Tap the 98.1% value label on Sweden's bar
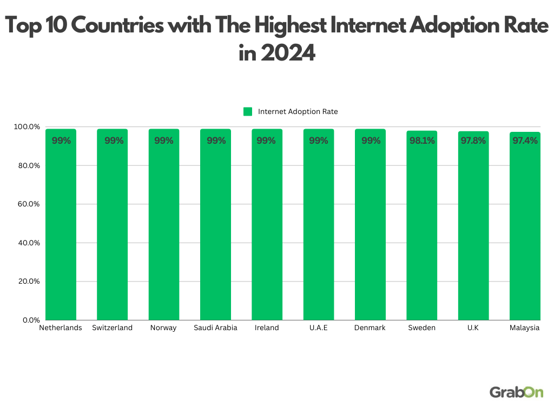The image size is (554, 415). point(421,141)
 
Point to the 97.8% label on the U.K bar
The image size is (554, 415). point(473,141)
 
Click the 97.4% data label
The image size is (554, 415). point(525,141)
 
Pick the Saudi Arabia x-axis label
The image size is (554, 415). point(215,328)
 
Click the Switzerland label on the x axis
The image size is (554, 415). point(112,328)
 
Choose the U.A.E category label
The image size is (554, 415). point(318,328)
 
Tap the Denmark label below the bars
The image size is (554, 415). point(370,328)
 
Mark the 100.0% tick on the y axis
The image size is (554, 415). point(27,127)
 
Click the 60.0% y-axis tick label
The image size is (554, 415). point(27,204)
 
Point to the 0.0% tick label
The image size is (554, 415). point(29,320)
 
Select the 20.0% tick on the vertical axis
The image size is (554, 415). point(27,282)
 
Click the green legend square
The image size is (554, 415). point(248,112)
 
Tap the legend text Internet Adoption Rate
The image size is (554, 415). point(298,112)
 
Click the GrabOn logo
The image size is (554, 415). point(516,392)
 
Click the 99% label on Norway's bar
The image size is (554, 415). point(164,141)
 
